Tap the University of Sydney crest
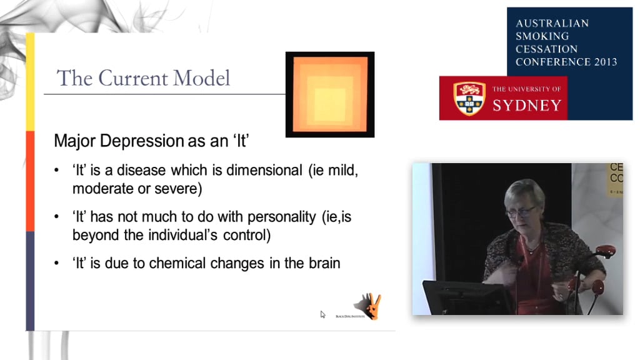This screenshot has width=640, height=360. (x=469, y=98)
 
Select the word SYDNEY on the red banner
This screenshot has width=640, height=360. (x=527, y=105)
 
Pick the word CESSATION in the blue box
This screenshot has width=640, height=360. (x=546, y=49)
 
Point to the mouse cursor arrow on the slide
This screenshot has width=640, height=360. (x=323, y=314)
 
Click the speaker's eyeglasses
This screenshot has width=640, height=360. (x=520, y=212)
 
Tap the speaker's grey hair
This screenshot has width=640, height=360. (x=525, y=190)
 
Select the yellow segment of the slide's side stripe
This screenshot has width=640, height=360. (x=30, y=81)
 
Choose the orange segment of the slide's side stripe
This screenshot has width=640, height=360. (x=30, y=181)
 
